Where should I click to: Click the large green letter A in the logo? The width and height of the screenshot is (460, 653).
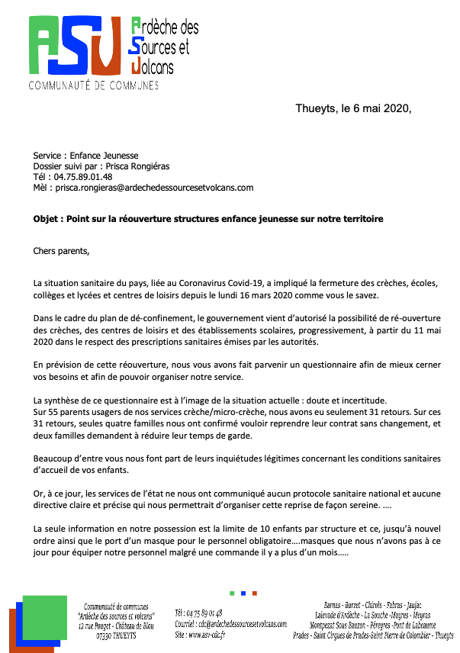point(48,44)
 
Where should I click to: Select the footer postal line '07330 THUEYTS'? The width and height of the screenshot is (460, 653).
point(117,635)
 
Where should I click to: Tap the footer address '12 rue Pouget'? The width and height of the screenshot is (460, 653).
point(97,626)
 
